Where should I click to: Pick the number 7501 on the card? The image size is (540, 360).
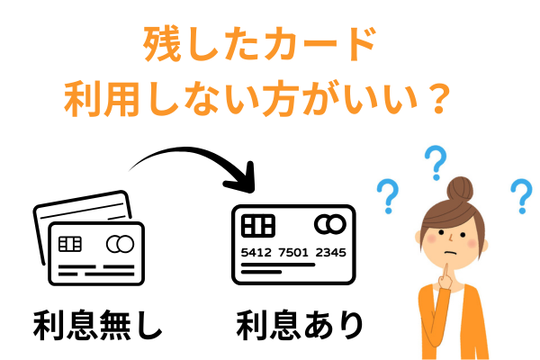[x=294, y=252]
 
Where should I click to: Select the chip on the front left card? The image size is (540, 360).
[x=69, y=244]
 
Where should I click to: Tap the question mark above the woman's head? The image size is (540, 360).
[x=436, y=162]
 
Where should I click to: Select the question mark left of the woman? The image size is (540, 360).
[x=388, y=193]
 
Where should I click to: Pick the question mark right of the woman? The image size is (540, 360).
[x=520, y=194]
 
